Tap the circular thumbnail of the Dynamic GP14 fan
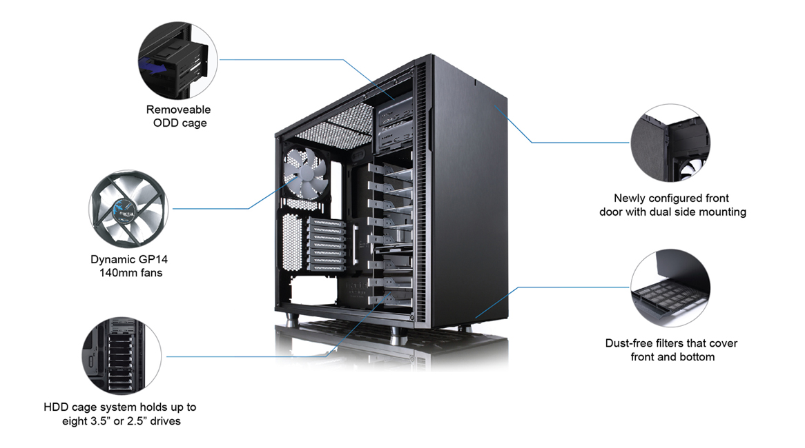point(129,207)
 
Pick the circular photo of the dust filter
point(670,288)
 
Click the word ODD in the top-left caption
point(166,123)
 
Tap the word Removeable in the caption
point(179,110)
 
